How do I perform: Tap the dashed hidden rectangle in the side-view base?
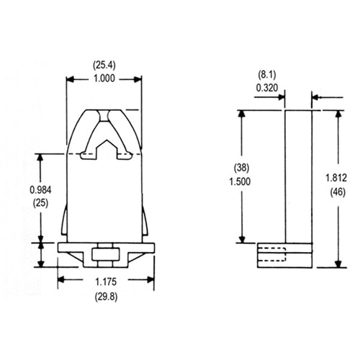[271, 253]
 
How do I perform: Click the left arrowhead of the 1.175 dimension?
[60, 279]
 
